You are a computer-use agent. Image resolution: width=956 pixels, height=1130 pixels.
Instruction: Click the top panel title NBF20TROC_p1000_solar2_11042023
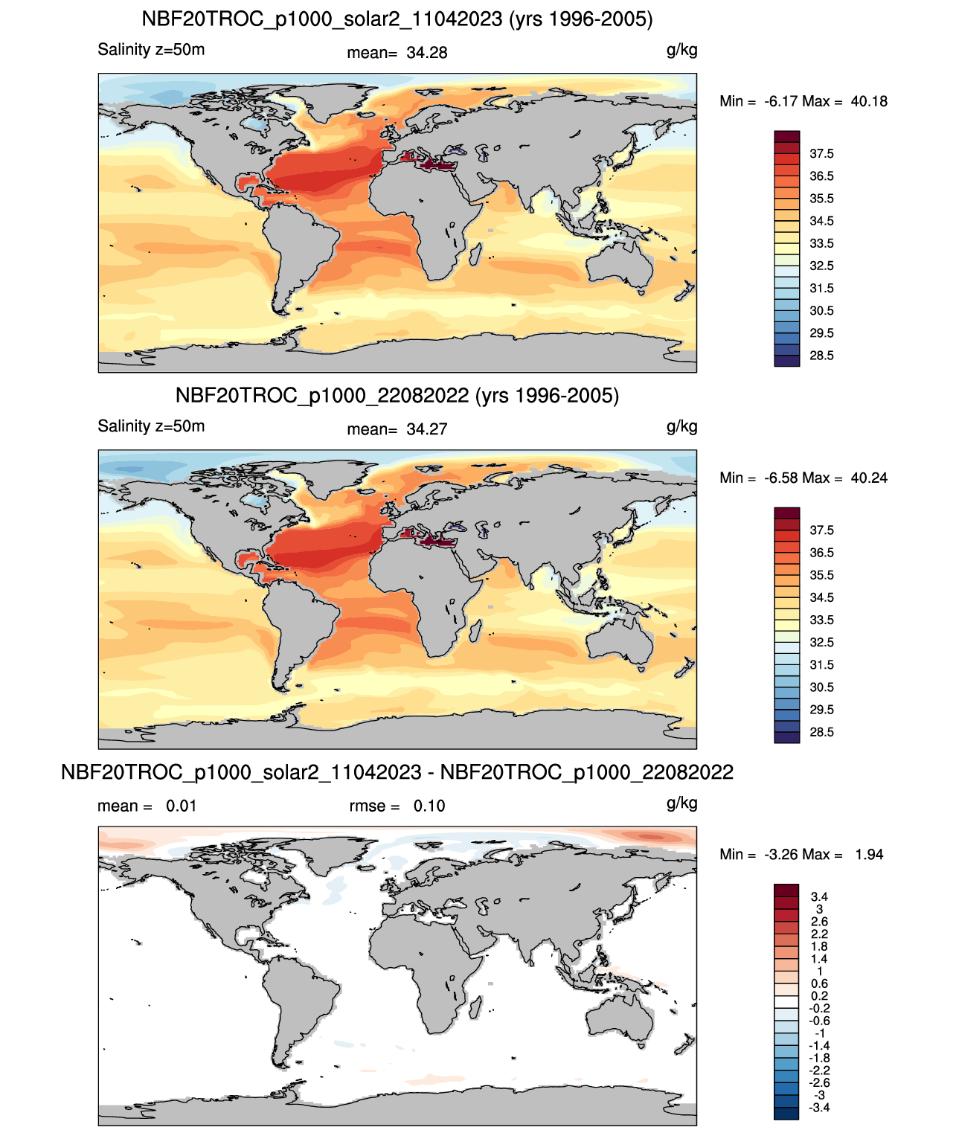tap(321, 19)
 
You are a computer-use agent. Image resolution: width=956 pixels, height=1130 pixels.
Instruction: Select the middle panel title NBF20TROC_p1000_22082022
tap(322, 395)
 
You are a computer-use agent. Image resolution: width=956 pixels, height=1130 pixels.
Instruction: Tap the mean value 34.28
tap(426, 53)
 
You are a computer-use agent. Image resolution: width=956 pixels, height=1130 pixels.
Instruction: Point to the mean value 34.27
tap(426, 429)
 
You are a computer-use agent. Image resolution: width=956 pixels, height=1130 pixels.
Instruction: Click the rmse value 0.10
tap(429, 806)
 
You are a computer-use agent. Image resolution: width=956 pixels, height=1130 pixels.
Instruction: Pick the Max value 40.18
tap(868, 101)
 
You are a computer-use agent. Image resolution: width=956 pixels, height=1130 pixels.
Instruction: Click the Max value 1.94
tap(869, 855)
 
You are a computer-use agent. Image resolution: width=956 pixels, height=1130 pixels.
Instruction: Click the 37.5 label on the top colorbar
tap(821, 154)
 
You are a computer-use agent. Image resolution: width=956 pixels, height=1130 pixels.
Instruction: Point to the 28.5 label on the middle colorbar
tap(821, 732)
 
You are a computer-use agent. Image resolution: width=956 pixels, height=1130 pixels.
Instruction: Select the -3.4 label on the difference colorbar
tap(819, 1108)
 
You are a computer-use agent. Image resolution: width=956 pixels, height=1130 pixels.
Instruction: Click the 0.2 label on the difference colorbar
tap(819, 996)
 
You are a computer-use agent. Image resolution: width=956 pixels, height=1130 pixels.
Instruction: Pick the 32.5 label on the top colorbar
tap(821, 266)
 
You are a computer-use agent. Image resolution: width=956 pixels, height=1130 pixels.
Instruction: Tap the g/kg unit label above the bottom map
tap(681, 803)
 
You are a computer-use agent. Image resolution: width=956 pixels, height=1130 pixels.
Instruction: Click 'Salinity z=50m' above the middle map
tap(151, 426)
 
